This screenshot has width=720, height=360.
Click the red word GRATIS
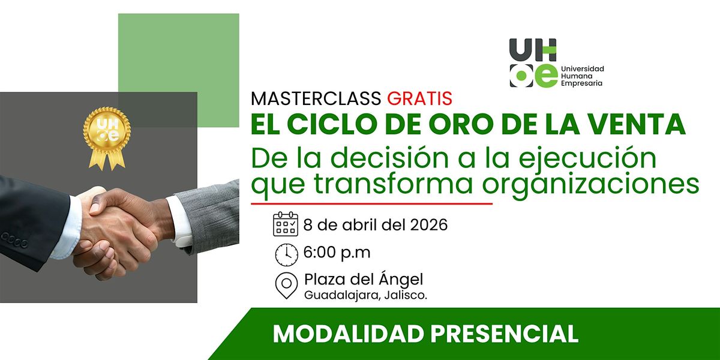pyautogui.click(x=420, y=98)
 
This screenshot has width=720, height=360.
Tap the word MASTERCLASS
pyautogui.click(x=316, y=98)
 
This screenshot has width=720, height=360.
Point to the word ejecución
pyautogui.click(x=587, y=159)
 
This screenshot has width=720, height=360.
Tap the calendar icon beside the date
pyautogui.click(x=286, y=224)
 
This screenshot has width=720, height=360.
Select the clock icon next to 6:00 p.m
pyautogui.click(x=286, y=254)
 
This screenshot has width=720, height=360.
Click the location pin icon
pyautogui.click(x=286, y=286)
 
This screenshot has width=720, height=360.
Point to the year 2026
pyautogui.click(x=429, y=224)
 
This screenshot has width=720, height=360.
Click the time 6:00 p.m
pyautogui.click(x=337, y=253)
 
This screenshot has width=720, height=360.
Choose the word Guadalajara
pyautogui.click(x=341, y=295)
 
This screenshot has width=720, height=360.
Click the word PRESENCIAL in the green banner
pyautogui.click(x=505, y=334)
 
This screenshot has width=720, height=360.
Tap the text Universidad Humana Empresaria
pyautogui.click(x=583, y=76)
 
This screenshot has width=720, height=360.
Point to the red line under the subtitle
pyautogui.click(x=371, y=203)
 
